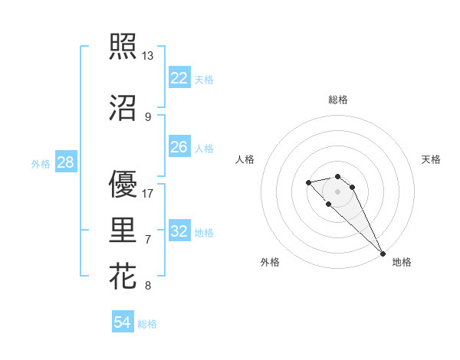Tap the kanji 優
pos(123,184)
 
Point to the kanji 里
pos(123,230)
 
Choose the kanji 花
pos(123,276)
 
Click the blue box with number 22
pos(179,78)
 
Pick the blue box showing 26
pos(179,147)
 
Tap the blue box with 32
pos(179,231)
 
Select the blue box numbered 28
pos(65,162)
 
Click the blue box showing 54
pos(123,322)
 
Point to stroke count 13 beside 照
pos(147,56)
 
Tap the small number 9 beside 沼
pos(147,117)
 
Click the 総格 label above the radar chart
pos(337,100)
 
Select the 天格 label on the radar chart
pos(431,159)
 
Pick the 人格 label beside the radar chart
pos(245,159)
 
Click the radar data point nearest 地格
pos(383,254)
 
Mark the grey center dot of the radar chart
pos(337,191)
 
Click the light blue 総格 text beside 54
pos(147,324)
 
